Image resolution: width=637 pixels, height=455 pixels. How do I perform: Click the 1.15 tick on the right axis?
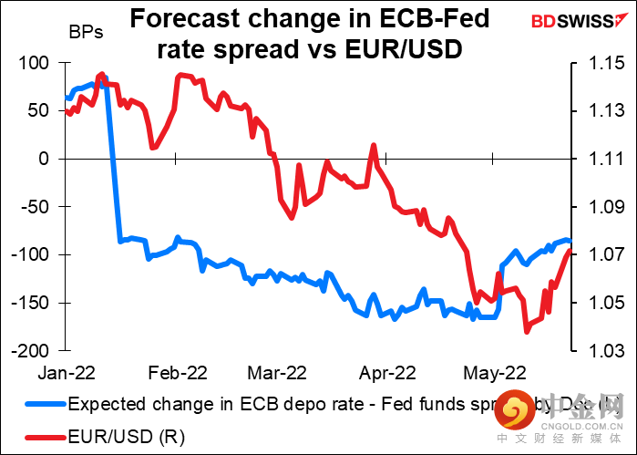click(x=597, y=63)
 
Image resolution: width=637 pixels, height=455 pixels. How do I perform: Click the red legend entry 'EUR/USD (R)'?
click(x=127, y=437)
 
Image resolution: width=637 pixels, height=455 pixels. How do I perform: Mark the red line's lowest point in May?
click(x=527, y=331)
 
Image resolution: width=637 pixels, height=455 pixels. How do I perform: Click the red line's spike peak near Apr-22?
click(x=373, y=145)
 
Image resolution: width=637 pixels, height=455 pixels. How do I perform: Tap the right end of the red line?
click(x=570, y=252)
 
